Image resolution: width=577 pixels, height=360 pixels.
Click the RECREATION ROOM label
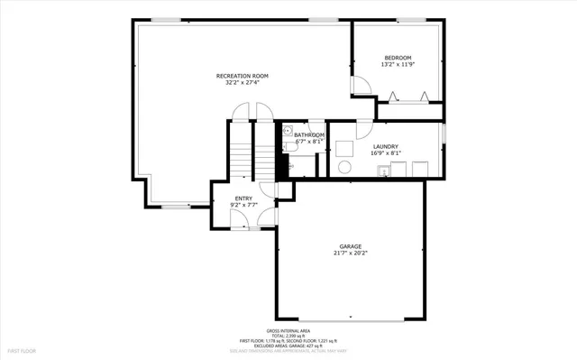click(242, 76)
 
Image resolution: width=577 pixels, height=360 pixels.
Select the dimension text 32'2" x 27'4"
click(242, 83)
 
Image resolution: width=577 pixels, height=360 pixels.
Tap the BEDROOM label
click(398, 58)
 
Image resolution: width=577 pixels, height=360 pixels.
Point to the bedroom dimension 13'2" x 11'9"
click(398, 65)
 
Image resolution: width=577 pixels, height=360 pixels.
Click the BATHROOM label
click(308, 134)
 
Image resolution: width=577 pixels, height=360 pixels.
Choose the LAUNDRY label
click(386, 145)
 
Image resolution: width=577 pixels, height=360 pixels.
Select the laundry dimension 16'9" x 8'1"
click(386, 152)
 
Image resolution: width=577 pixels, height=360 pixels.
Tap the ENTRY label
click(243, 198)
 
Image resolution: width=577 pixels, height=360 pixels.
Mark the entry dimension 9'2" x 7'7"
click(243, 205)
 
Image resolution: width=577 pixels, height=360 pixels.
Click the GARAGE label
click(350, 246)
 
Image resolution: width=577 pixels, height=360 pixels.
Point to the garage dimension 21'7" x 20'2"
click(350, 254)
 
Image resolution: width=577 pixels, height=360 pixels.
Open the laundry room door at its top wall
click(363, 126)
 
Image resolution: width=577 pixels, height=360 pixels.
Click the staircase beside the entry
click(241, 153)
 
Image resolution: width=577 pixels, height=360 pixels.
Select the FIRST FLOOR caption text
click(22, 349)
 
